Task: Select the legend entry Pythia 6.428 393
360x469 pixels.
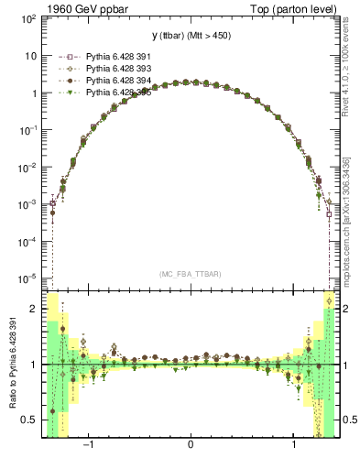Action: click(x=113, y=68)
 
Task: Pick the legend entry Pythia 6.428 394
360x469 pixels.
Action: click(x=113, y=80)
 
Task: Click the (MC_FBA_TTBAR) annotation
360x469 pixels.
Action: click(x=190, y=274)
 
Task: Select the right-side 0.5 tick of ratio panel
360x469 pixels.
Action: click(x=349, y=420)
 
